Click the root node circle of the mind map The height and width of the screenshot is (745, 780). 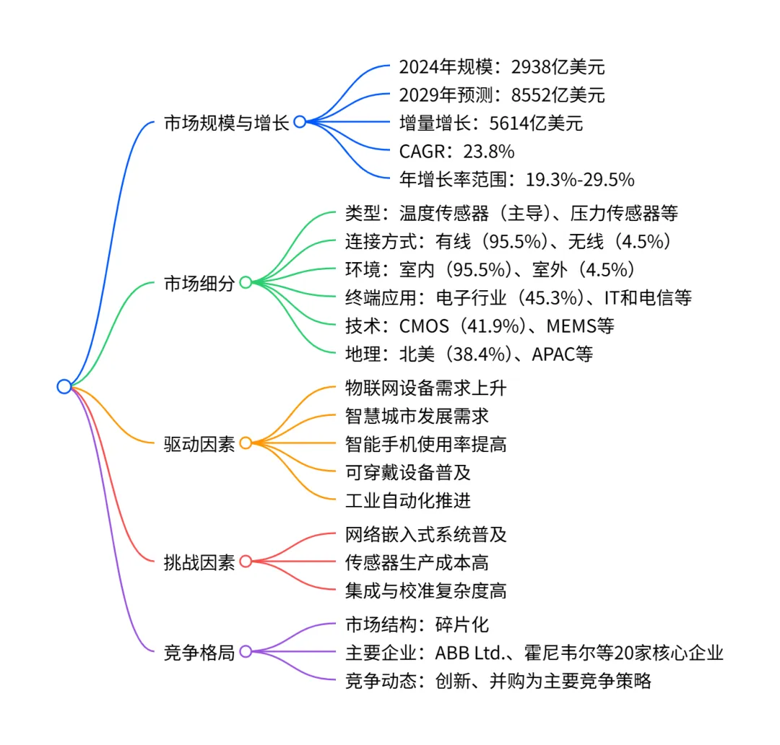click(x=64, y=386)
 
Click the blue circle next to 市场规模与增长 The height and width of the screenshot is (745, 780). click(x=299, y=122)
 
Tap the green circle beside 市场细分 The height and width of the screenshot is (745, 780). click(x=246, y=282)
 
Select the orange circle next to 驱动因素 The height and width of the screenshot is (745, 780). click(x=246, y=443)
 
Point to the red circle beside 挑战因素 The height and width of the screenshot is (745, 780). click(x=246, y=562)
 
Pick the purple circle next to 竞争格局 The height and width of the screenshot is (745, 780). click(x=246, y=651)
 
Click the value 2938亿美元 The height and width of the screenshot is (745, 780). click(x=558, y=67)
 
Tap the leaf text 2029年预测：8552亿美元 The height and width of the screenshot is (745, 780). click(x=502, y=95)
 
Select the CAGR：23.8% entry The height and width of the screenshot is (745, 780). click(x=456, y=150)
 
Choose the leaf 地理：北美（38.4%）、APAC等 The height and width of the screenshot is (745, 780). click(x=469, y=354)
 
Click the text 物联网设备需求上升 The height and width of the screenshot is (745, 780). click(x=426, y=388)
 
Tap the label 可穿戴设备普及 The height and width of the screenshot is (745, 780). click(x=408, y=472)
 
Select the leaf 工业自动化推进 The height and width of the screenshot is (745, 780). click(x=408, y=500)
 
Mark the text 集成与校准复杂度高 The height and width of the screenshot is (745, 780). click(x=426, y=591)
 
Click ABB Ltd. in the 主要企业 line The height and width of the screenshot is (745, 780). click(x=469, y=653)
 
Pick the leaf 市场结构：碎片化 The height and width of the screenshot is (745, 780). click(x=417, y=624)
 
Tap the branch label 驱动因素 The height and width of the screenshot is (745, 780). click(x=199, y=443)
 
